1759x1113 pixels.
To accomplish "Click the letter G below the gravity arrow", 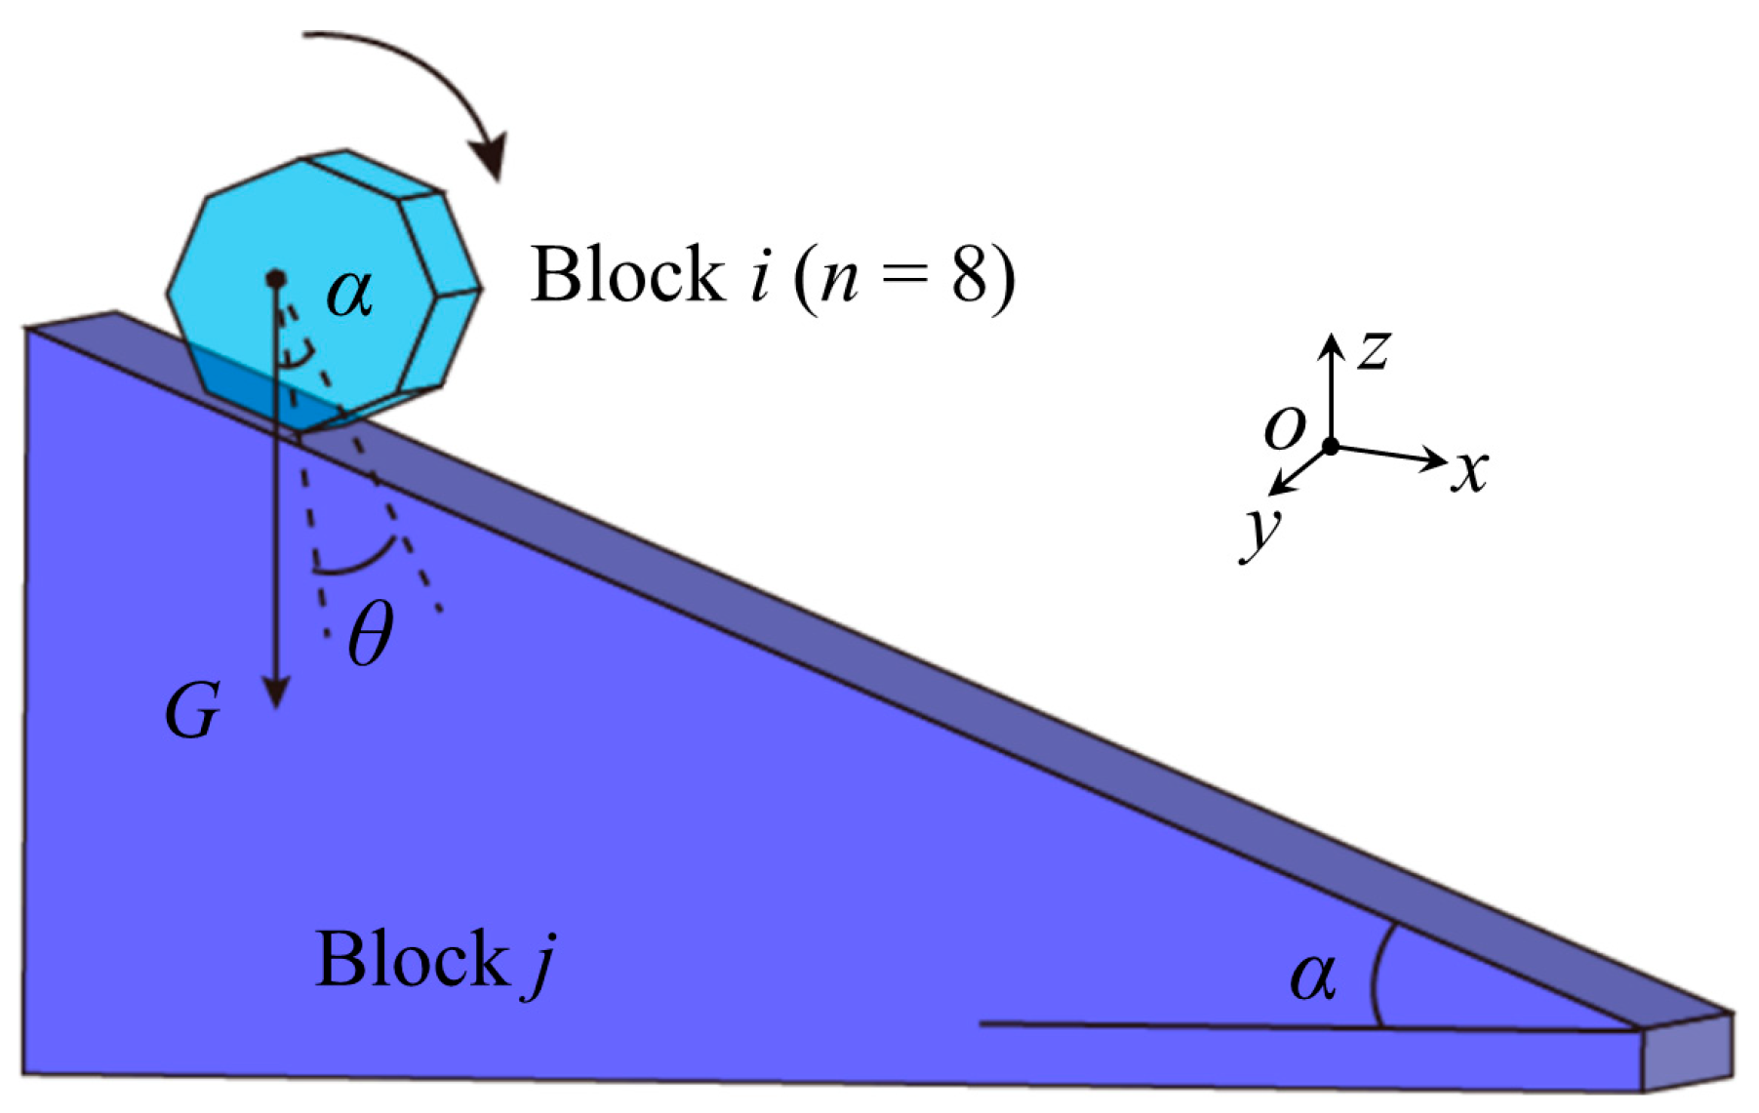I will click(192, 711).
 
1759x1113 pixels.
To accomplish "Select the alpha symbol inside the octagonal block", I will click(349, 292).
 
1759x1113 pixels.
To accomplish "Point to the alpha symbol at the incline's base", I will click(1311, 974).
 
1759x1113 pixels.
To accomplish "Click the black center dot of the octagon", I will click(276, 280).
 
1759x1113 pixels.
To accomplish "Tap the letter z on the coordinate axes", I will click(1375, 349).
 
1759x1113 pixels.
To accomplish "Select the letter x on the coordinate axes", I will click(1469, 472).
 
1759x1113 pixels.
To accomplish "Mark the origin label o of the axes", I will click(1284, 427).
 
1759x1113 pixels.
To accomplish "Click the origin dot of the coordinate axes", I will click(1330, 447).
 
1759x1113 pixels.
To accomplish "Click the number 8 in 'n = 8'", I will click(970, 275).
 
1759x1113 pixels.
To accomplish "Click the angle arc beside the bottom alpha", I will click(1376, 975).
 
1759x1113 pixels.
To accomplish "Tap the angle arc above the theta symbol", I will click(356, 564).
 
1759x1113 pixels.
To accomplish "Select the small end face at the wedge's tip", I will click(1687, 1053).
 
